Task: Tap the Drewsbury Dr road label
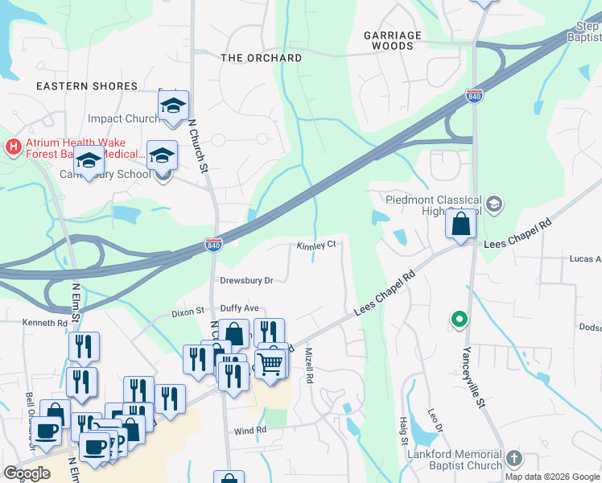click(x=247, y=280)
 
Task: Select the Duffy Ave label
click(x=240, y=308)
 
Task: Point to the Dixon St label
click(x=188, y=313)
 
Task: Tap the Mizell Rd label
click(x=308, y=366)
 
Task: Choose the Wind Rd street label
click(x=249, y=431)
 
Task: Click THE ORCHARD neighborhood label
click(x=262, y=58)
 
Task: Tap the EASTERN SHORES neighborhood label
click(x=86, y=86)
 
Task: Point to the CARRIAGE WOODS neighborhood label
click(x=393, y=41)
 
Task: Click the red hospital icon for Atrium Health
click(x=13, y=147)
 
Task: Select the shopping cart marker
click(x=271, y=363)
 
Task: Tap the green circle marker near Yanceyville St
click(x=460, y=320)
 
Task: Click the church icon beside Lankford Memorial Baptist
click(x=513, y=459)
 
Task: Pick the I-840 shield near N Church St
click(x=213, y=245)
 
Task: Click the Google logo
click(x=27, y=473)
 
